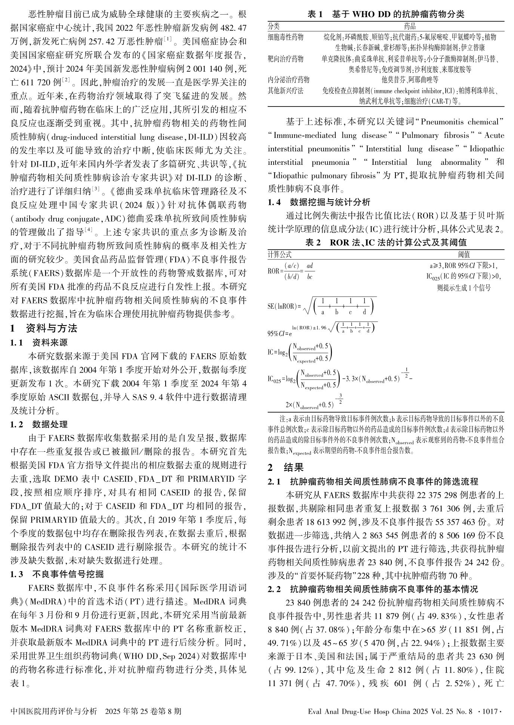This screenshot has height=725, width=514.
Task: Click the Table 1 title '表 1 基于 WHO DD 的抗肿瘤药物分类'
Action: [x=386, y=15]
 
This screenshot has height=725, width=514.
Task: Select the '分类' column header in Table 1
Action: [x=274, y=26]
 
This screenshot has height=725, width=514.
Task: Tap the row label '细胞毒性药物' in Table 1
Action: [x=286, y=37]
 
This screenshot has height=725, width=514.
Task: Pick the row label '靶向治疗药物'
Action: [x=286, y=59]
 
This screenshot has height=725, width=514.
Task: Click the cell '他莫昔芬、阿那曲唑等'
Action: [x=410, y=80]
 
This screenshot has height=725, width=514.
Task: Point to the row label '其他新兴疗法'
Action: [x=286, y=90]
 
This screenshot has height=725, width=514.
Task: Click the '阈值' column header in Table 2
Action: [x=464, y=254]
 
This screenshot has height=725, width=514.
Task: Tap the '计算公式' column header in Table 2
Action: [x=279, y=254]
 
